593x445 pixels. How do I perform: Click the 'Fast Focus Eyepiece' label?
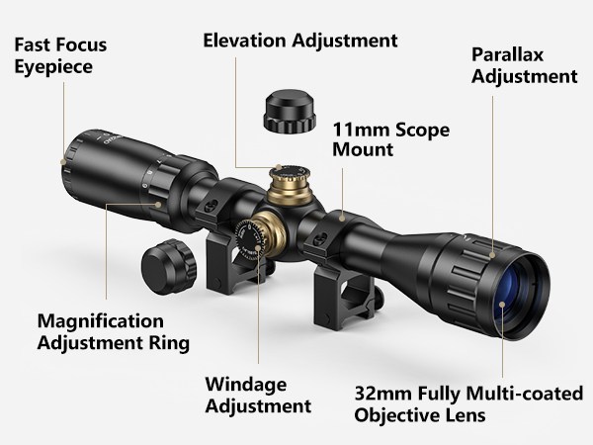pos(60,55)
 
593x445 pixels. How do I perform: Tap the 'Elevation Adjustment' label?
pos(300,41)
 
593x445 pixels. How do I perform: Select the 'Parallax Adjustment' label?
pos(524,65)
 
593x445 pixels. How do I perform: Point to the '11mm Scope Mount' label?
pos(391,139)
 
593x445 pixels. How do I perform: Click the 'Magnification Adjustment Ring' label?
pos(114,332)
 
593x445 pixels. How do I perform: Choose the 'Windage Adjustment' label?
pos(258,395)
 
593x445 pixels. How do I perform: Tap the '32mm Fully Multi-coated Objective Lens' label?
pos(468,403)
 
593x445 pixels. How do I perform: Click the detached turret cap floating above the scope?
pos(290,111)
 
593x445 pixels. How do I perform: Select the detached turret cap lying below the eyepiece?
pos(169,266)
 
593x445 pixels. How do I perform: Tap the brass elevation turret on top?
pos(290,186)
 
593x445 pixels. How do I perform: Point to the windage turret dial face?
pos(249,239)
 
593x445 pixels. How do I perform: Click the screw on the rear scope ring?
pos(210,207)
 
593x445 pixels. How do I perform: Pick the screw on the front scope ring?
pos(320,239)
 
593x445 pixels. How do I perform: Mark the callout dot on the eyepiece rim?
pos(63,162)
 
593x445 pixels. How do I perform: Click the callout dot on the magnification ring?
pos(158,205)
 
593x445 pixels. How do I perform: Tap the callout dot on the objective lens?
pos(502,305)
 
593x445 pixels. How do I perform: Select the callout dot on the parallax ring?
pos(492,255)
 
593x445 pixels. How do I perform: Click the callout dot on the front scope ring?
pos(342,218)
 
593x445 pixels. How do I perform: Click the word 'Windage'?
pos(246,386)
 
